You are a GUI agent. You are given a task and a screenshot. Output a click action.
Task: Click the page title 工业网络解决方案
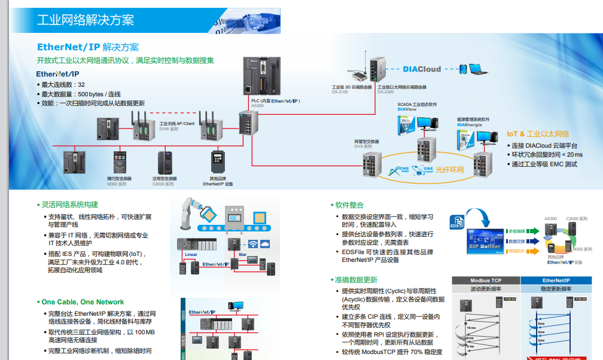[x=86, y=20]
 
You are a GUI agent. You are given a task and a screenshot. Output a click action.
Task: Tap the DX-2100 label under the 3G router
[x=340, y=92]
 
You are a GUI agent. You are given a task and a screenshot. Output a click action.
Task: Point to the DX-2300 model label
[x=385, y=92]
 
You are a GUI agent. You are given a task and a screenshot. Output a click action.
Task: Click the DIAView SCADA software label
[x=407, y=109]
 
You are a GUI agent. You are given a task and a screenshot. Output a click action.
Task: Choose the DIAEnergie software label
[x=469, y=124]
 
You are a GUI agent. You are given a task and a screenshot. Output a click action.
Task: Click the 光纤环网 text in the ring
[x=450, y=170]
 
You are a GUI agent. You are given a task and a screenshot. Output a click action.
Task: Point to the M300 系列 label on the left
[x=117, y=184]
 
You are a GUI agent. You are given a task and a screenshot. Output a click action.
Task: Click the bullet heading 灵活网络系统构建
[x=69, y=205]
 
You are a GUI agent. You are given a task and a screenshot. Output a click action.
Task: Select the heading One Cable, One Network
[x=83, y=302]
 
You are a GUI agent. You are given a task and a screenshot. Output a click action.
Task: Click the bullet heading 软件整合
[x=349, y=205]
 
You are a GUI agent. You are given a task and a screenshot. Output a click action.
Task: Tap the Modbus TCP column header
[x=485, y=280]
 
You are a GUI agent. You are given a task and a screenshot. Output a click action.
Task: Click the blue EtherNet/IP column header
[x=556, y=280]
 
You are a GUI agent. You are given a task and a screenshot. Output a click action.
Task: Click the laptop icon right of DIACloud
[x=477, y=69]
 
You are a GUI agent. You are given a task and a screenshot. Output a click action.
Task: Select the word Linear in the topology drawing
[x=191, y=255]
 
